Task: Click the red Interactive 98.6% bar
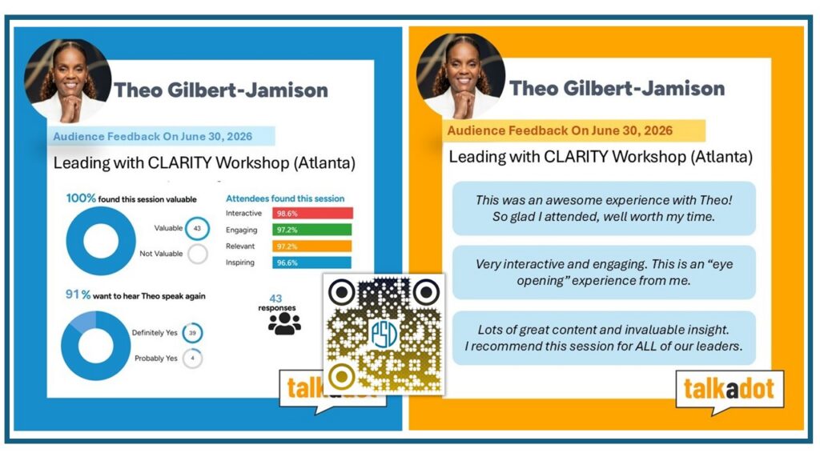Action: tap(312, 213)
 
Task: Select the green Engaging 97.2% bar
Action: tap(312, 230)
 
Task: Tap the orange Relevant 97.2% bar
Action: tap(312, 247)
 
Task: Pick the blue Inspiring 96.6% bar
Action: tap(312, 263)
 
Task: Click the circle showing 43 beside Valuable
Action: tap(197, 228)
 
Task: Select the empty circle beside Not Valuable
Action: tap(198, 254)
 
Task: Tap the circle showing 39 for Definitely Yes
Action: tap(192, 333)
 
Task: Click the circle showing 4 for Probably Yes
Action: tap(192, 359)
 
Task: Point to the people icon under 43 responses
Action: tap(284, 323)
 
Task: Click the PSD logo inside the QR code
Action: tap(384, 335)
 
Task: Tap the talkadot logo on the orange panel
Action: tap(729, 390)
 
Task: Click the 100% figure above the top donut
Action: tap(81, 198)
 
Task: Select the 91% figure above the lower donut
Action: tap(78, 295)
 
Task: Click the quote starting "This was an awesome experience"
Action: tap(604, 208)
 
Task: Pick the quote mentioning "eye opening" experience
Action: tap(604, 272)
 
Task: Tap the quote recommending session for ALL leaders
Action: tap(604, 338)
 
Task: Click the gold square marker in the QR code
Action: tap(342, 376)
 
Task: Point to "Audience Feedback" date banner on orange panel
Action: tap(574, 130)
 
